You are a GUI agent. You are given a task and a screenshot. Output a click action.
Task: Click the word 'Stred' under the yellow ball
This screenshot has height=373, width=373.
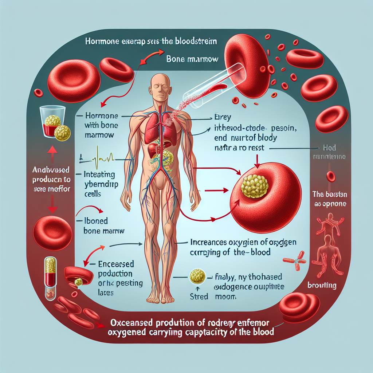[x=199, y=296]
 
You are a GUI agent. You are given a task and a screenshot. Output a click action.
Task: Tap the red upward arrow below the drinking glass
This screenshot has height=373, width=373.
[x=52, y=152]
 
